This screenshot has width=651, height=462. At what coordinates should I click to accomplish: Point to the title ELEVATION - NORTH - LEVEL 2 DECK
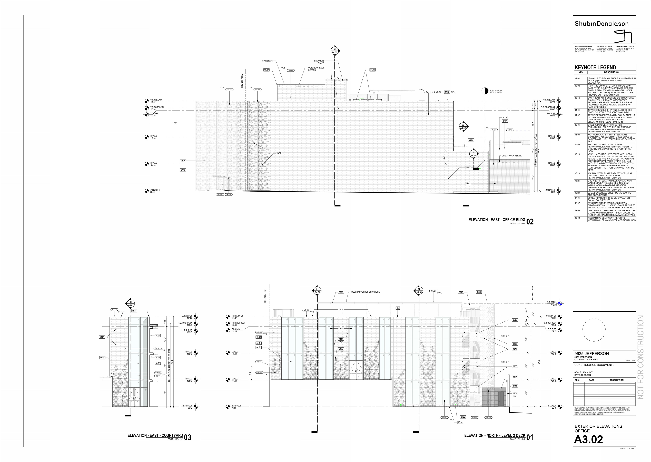click(x=495, y=436)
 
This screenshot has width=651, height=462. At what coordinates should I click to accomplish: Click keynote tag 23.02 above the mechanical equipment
click(x=372, y=70)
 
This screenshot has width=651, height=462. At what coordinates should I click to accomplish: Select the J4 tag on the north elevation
click(x=398, y=308)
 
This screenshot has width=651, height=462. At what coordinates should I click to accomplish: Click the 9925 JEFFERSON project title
click(x=591, y=354)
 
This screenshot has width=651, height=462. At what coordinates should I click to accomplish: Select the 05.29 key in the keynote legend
click(x=577, y=193)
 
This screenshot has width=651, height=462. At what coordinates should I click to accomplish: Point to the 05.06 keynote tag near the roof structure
click(x=341, y=292)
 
